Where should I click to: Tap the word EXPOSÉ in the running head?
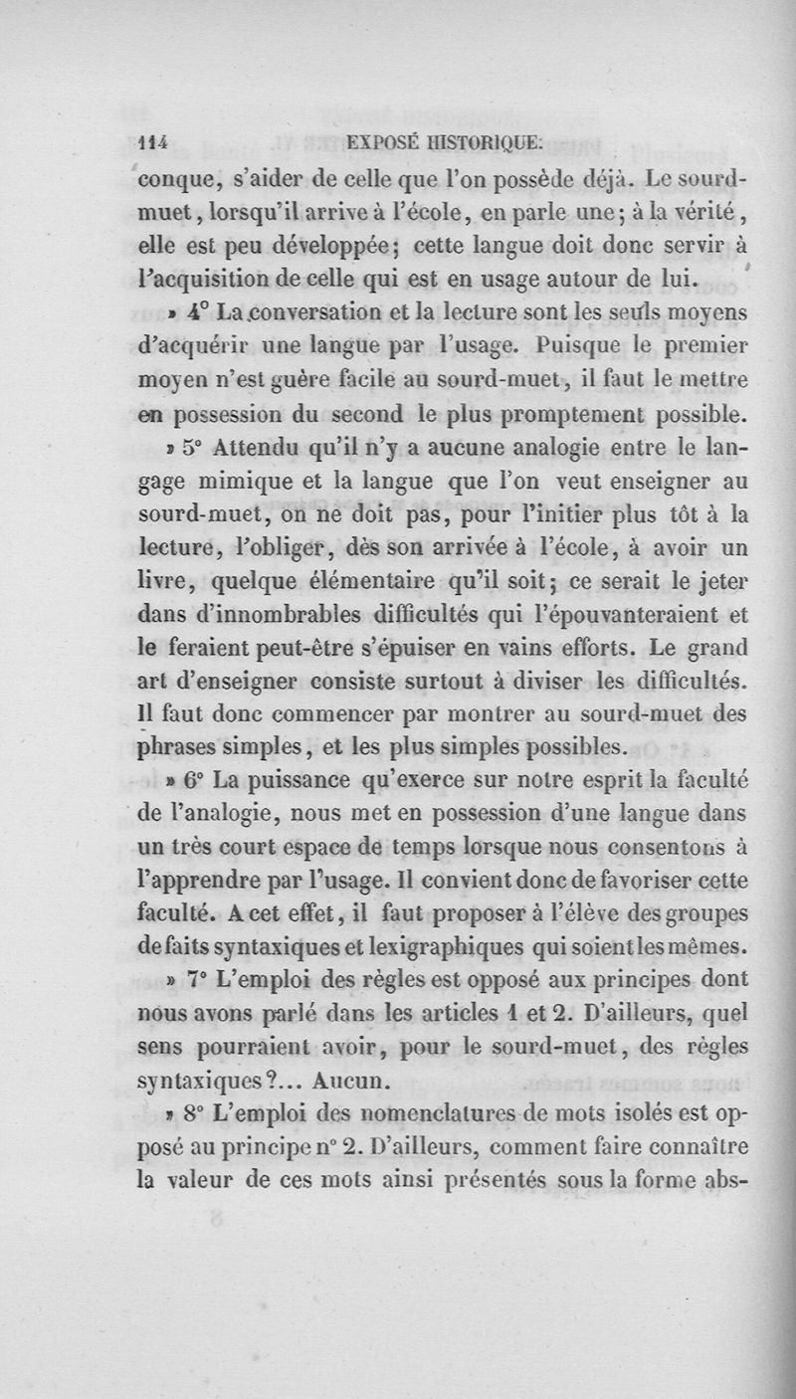(385, 143)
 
